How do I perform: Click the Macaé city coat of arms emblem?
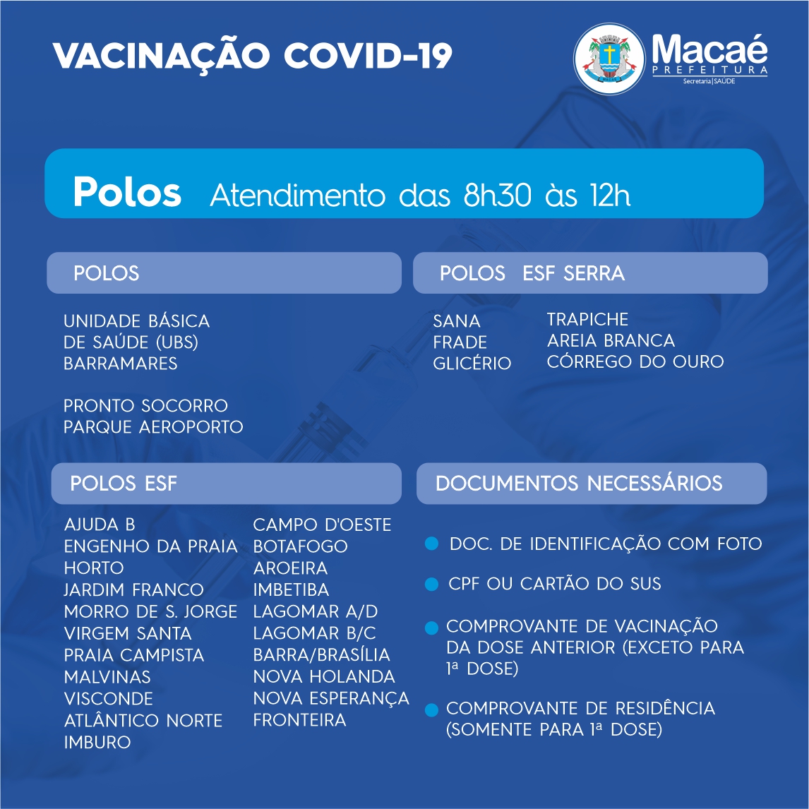[609, 59]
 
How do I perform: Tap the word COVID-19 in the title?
[368, 55]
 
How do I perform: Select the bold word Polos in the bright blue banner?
[127, 192]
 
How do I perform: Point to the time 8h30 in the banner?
[498, 195]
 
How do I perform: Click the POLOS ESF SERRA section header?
[532, 273]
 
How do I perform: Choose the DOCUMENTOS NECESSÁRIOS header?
[579, 483]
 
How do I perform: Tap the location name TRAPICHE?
[587, 319]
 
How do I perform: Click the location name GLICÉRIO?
[472, 364]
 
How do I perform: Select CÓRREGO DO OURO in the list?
[635, 361]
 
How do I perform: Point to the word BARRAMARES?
[120, 364]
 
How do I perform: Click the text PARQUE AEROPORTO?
[153, 426]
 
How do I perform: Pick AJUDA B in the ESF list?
[100, 525]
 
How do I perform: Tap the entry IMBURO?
[97, 742]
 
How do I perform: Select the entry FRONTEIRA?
[299, 720]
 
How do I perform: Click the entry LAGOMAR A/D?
[316, 611]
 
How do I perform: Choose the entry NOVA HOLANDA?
[324, 676]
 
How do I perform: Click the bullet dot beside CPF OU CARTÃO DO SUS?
[431, 584]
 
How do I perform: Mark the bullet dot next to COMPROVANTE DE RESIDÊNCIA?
[431, 710]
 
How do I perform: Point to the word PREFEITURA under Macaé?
[710, 70]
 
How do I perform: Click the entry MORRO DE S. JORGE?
[150, 611]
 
